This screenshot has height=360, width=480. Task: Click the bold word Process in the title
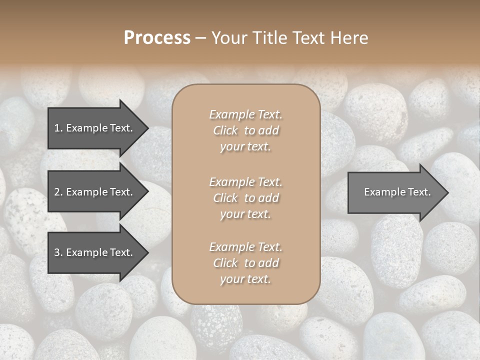(x=157, y=38)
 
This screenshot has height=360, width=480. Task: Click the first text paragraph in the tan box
(x=245, y=130)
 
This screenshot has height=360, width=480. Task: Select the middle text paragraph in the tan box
(x=245, y=198)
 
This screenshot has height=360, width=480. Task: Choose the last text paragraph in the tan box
(x=245, y=263)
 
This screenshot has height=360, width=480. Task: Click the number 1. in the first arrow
(x=58, y=128)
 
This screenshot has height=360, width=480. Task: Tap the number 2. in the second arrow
(x=58, y=192)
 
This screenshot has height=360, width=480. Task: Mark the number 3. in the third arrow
(x=58, y=252)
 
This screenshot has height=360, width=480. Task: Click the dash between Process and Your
(x=201, y=38)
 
